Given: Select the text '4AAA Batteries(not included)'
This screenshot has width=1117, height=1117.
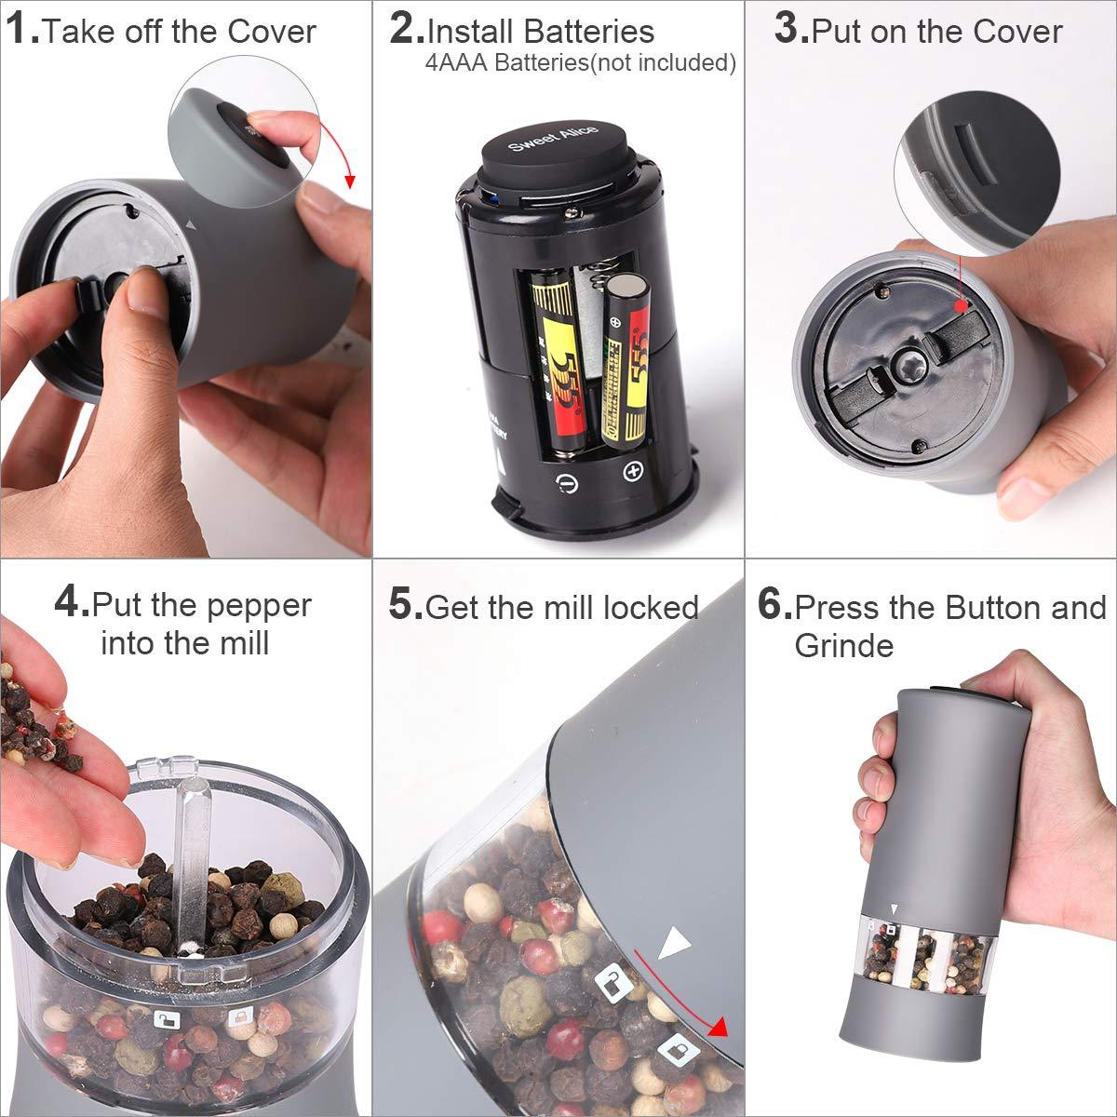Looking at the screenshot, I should [580, 63].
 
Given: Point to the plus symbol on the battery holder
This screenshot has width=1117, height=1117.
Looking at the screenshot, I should [634, 470].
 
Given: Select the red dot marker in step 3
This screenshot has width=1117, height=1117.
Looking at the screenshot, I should [960, 305].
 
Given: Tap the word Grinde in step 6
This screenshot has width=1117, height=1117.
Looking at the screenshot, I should [843, 645].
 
